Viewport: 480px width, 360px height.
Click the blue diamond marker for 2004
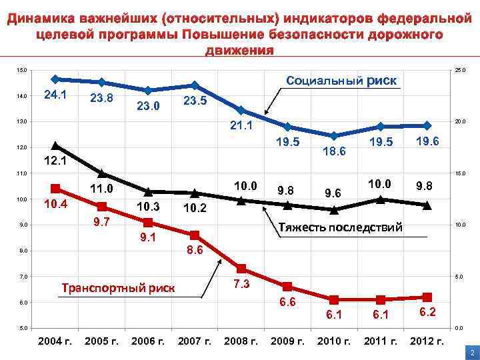click(x=55, y=79)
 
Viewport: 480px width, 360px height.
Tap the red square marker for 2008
click(x=241, y=269)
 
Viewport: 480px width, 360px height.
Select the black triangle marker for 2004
click(x=55, y=146)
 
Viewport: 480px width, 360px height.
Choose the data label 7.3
click(x=241, y=285)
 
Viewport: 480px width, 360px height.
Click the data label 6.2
click(x=427, y=312)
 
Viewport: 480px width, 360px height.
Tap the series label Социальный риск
click(x=341, y=81)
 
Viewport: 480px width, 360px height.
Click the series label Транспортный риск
click(x=118, y=288)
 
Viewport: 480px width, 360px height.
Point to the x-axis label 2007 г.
click(x=195, y=341)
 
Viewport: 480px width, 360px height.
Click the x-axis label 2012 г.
click(x=427, y=341)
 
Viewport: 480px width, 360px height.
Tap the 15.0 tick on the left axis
click(x=23, y=70)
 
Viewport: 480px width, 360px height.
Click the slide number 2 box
click(x=471, y=352)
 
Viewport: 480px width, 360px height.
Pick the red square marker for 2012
click(x=427, y=297)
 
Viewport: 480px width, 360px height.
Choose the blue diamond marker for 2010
click(x=334, y=135)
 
